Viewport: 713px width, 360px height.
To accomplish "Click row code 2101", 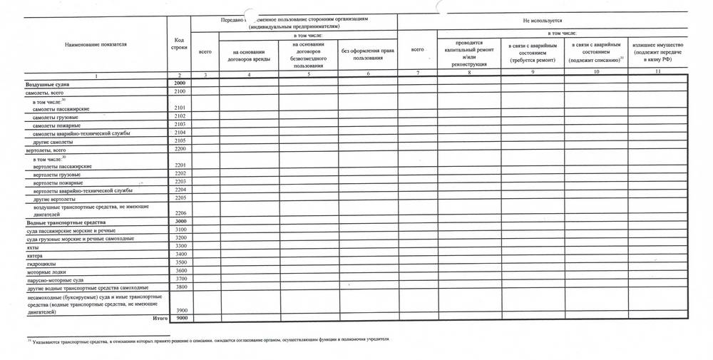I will coord(180,108).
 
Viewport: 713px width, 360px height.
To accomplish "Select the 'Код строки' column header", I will coord(180,43).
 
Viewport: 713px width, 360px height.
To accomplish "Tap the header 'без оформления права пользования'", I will coord(368,54).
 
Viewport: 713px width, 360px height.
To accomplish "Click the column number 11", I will coord(657,73).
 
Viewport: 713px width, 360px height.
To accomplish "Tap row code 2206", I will coord(180,213).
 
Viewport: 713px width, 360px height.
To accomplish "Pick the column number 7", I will coord(417,73).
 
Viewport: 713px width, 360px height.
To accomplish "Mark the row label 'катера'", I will coord(34,254).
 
